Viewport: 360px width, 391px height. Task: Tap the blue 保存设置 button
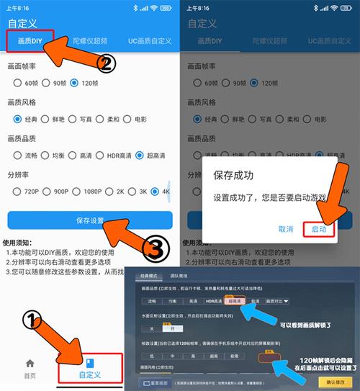tap(89, 220)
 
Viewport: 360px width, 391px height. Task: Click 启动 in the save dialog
tap(318, 228)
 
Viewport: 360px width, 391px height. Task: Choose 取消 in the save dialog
tap(284, 228)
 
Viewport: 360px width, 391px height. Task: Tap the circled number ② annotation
tap(105, 65)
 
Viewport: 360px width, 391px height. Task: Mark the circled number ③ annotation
tap(156, 249)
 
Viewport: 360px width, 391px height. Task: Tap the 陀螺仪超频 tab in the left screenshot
tap(89, 41)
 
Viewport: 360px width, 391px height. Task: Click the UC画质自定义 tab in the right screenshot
tap(330, 41)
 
